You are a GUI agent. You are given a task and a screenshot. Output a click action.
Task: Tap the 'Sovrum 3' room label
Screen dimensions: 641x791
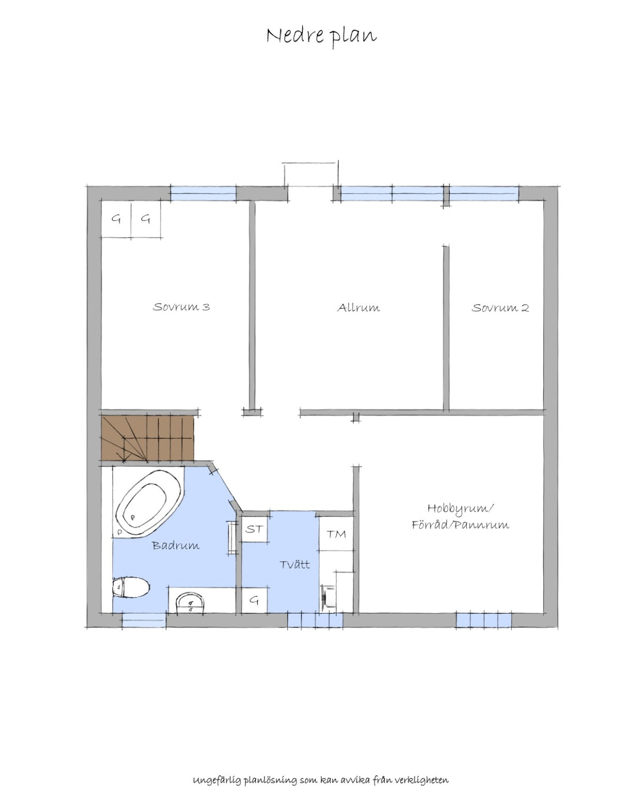[181, 307]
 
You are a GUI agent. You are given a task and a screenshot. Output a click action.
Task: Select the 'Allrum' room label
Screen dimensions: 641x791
[358, 308]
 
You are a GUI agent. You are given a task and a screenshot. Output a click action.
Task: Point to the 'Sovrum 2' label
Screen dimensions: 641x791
[500, 308]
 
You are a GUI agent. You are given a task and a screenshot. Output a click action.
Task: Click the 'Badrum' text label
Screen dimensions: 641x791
[176, 545]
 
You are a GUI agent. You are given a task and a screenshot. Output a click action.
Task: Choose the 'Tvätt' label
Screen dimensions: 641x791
[294, 565]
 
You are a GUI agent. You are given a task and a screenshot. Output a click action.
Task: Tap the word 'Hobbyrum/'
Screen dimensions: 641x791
[460, 508]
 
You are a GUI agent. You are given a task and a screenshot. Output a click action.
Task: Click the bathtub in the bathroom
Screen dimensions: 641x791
[148, 504]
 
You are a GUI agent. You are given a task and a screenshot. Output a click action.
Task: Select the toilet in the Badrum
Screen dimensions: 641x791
[131, 587]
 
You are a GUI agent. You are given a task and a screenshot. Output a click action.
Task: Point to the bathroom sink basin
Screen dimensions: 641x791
[191, 604]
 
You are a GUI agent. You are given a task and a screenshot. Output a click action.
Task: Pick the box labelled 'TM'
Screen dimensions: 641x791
[337, 534]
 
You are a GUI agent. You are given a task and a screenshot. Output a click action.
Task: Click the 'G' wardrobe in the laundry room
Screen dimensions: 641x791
[255, 600]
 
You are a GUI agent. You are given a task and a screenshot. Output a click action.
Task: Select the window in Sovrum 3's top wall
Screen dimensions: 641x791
[203, 193]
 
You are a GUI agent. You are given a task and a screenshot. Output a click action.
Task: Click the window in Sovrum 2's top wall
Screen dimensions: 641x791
[484, 193]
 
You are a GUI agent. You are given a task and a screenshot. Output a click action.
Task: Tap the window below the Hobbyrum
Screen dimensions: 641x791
[483, 620]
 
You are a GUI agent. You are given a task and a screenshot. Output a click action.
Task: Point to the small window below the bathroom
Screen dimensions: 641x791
[144, 620]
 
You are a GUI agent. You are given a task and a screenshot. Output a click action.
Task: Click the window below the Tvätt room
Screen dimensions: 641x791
[315, 620]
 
